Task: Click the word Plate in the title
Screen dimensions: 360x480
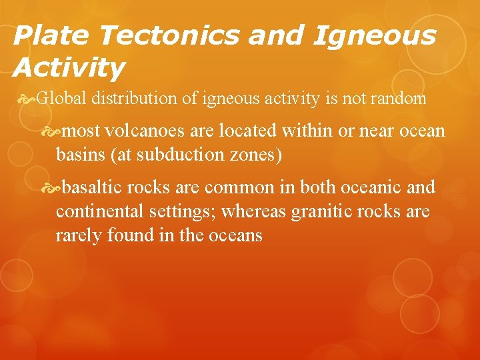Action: pyautogui.click(x=41, y=35)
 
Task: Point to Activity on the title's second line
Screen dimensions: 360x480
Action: pyautogui.click(x=69, y=67)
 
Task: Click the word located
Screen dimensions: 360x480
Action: pyautogui.click(x=255, y=131)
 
